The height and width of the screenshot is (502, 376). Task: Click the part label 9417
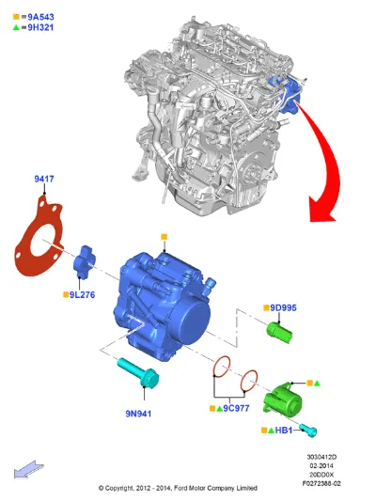44,179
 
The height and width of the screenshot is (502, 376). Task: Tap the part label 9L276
82,294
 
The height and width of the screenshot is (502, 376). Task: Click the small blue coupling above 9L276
85,262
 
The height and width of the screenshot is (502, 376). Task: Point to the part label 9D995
283,307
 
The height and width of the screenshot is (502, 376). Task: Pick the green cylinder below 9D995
279,333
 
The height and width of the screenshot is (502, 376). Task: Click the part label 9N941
138,414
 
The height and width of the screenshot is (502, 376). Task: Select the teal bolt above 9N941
138,373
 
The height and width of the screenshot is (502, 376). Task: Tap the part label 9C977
236,408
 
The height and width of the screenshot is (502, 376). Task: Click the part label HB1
284,430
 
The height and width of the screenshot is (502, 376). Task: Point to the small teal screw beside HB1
308,430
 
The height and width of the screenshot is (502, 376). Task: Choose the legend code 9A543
40,17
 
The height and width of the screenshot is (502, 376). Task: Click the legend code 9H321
40,27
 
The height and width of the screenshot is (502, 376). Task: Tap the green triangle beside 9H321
16,27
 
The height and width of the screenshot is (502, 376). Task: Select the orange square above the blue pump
164,237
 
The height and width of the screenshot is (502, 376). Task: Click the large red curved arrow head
321,210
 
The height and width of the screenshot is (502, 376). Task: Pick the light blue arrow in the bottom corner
29,469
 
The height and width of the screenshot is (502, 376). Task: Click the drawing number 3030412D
321,457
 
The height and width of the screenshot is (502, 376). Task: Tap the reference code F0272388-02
321,483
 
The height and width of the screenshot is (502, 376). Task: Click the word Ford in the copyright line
181,488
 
